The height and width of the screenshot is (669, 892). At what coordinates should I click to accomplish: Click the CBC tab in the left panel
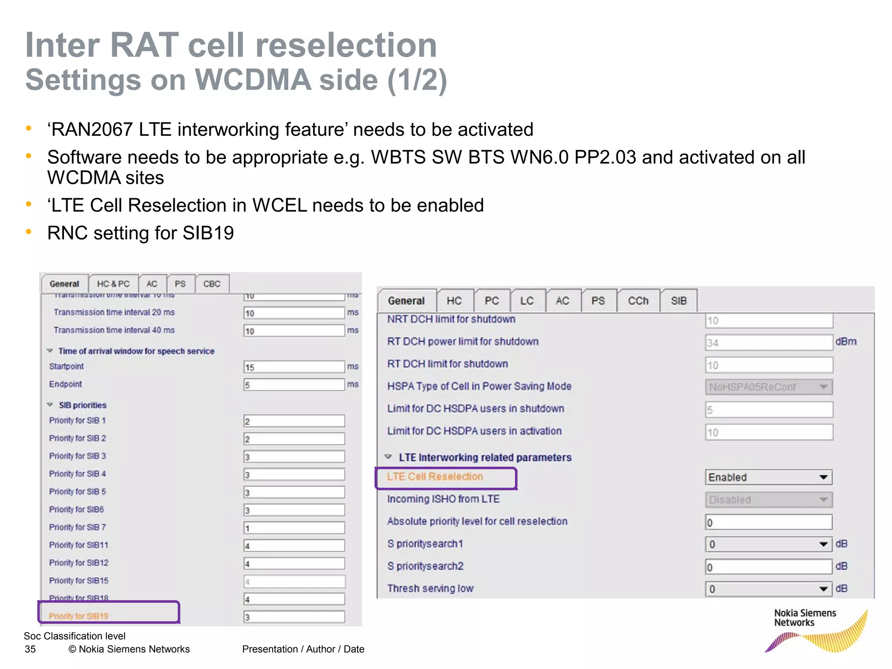coord(212,284)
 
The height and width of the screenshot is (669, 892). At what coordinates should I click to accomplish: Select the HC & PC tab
coord(113,284)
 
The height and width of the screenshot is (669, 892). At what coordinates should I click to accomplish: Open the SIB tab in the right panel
coord(678,301)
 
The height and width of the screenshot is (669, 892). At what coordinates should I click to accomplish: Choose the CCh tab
coord(638,301)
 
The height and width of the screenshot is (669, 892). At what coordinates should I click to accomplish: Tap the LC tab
coord(527,301)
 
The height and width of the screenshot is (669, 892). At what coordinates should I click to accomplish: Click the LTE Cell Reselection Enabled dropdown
coord(768,477)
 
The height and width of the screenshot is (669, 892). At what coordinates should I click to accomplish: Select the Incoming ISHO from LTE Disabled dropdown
coord(768,500)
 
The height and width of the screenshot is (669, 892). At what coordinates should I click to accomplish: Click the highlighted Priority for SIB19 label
coord(79,616)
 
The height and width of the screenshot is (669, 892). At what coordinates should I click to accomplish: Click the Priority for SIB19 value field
coord(294,617)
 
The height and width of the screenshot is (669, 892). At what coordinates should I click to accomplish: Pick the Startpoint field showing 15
coord(294,367)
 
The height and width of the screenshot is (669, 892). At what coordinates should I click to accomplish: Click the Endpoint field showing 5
coord(294,385)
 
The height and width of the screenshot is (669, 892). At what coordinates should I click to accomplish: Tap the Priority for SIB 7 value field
coord(294,528)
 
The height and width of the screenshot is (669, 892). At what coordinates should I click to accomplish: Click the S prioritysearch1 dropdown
coord(768,544)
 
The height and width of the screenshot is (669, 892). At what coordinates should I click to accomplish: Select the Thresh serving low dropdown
coord(768,589)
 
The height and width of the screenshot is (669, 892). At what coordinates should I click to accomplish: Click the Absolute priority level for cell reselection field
coord(768,522)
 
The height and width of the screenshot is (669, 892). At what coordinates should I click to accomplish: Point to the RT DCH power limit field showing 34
coord(768,343)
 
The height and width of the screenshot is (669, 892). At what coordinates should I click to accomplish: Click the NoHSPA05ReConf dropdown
coord(768,387)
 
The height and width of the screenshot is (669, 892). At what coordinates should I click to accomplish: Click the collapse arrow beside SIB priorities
coord(50,405)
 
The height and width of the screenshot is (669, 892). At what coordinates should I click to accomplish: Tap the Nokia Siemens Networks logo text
coord(805,618)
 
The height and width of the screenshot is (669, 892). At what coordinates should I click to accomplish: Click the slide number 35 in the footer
coord(30,649)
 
